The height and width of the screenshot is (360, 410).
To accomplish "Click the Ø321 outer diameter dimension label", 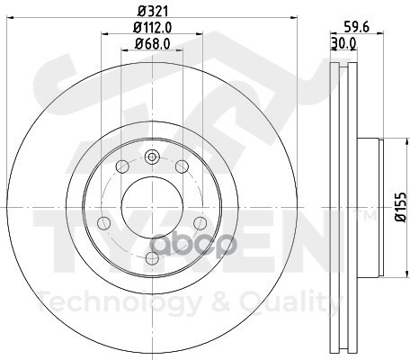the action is point(153,12).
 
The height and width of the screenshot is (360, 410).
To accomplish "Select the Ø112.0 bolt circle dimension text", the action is point(153,28).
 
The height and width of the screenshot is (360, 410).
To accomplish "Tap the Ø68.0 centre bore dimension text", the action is point(153,44).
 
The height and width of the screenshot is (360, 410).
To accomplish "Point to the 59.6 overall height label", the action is point(356,27).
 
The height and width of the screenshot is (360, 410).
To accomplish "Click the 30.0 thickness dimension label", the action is point(343,43).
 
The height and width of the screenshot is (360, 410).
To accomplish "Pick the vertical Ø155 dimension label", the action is point(400,207).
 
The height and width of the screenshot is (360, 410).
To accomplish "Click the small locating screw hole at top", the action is point(152,157).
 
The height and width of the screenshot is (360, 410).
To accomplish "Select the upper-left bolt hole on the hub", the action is point(122,166).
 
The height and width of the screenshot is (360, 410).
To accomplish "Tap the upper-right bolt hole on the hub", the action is point(182,166).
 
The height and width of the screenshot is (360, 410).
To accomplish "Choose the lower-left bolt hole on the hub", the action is point(104,222).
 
